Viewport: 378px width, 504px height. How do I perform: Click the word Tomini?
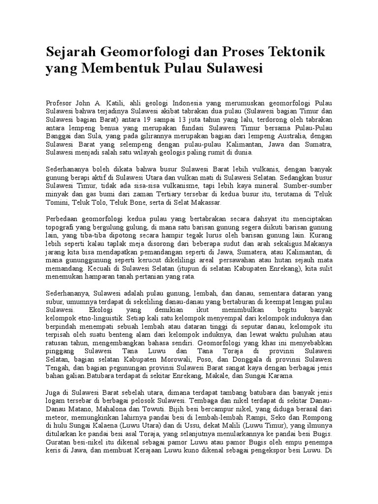tap(56, 202)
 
